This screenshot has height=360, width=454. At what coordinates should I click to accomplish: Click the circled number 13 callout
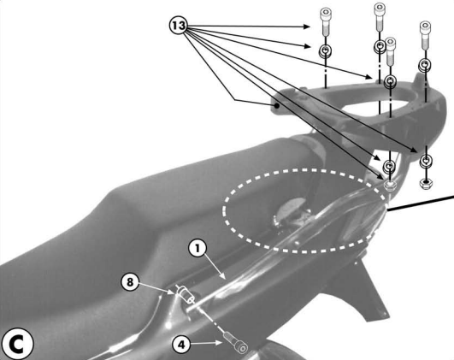click(179, 26)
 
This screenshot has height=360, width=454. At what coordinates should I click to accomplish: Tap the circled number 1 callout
click(198, 248)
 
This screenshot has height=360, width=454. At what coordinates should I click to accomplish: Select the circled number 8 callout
click(130, 281)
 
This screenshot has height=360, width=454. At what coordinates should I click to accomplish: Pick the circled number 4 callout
click(181, 345)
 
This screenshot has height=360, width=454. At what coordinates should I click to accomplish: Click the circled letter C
click(17, 345)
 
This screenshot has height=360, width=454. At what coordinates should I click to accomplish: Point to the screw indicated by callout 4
click(235, 343)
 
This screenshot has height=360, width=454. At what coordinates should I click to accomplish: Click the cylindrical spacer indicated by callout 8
click(186, 294)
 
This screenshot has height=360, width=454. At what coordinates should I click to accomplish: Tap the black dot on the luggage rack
click(277, 106)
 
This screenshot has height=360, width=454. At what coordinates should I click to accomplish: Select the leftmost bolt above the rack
click(326, 21)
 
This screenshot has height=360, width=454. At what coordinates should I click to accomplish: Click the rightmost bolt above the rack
click(425, 35)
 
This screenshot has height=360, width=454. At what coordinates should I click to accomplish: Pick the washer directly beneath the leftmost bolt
click(326, 51)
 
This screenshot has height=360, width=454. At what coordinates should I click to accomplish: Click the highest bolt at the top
click(380, 16)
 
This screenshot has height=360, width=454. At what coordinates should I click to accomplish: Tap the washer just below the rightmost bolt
click(425, 65)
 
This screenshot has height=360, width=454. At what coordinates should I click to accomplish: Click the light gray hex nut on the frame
click(390, 185)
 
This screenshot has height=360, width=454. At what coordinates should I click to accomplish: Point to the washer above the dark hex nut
click(426, 161)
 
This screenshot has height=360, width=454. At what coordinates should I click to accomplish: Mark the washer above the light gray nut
click(389, 166)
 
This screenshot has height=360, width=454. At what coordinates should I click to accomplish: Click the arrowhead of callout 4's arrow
click(220, 343)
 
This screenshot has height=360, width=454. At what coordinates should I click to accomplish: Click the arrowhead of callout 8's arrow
click(172, 292)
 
